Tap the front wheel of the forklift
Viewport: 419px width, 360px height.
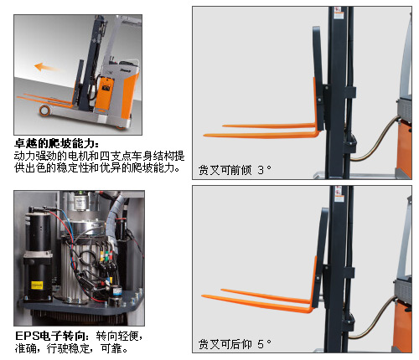[x=44, y=111]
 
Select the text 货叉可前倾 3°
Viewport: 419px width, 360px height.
[x=235, y=170]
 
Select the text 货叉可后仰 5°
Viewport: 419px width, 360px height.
[x=235, y=344]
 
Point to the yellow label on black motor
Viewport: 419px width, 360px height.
[x=37, y=285]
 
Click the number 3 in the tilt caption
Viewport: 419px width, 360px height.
[x=261, y=170]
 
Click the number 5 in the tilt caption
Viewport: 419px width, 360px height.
[x=261, y=344]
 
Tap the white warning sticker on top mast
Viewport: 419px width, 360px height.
[x=339, y=13]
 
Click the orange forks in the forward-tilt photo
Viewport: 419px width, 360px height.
[x=261, y=131]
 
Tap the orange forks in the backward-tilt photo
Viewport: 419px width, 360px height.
[x=258, y=300]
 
